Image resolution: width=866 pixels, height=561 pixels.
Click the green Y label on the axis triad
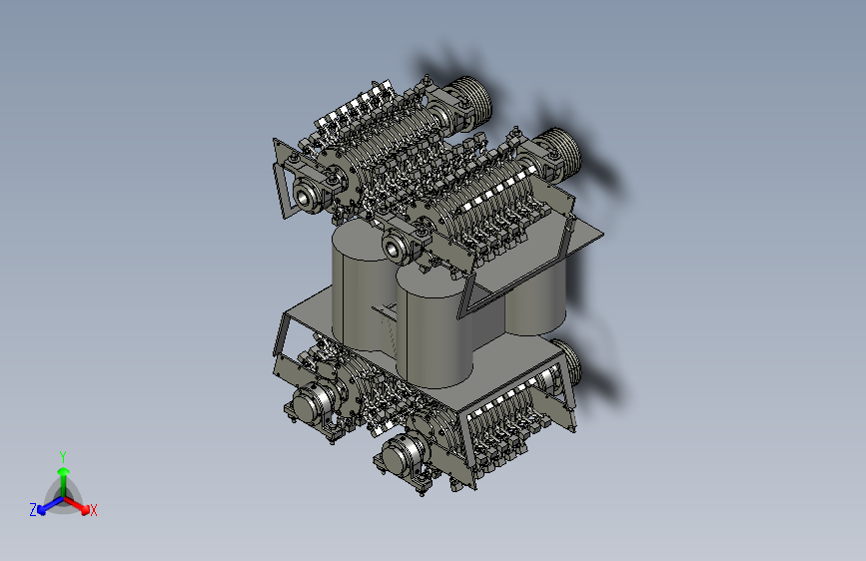[63, 457]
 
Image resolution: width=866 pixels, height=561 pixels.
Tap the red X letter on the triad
[93, 511]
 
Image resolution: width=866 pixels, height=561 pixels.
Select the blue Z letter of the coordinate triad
[33, 510]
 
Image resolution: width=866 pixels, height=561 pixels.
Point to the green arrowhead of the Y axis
[64, 471]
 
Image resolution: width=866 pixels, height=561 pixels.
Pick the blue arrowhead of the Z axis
[42, 510]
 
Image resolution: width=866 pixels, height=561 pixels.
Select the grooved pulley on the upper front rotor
[560, 153]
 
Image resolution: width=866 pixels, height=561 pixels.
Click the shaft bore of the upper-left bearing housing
[303, 196]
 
